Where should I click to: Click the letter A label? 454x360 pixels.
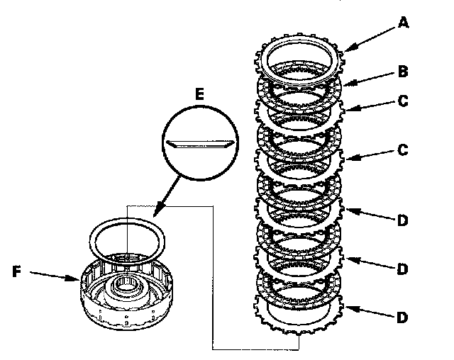coord(403,23)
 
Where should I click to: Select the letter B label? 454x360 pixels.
coord(402,72)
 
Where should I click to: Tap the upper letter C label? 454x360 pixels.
coord(402,101)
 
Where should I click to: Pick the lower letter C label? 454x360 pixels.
coord(402,151)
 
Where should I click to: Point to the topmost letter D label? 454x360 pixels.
coord(402,220)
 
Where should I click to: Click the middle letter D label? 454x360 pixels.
coord(402,269)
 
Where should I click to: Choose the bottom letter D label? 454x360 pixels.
coord(402,317)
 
